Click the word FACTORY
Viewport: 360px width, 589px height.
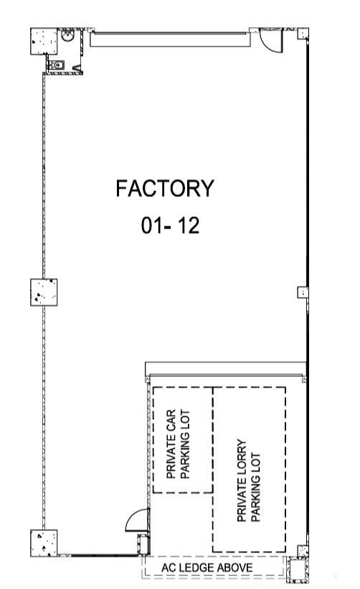click(x=165, y=188)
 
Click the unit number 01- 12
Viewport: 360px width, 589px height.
click(x=170, y=226)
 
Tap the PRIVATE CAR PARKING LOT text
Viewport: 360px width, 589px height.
click(x=178, y=444)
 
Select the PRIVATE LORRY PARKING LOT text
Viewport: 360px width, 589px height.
click(x=248, y=480)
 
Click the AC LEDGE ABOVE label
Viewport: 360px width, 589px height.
click(x=207, y=568)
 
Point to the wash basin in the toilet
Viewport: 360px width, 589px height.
click(x=67, y=36)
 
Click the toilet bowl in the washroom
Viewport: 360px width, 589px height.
click(x=57, y=65)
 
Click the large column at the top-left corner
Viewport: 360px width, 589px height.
click(x=44, y=42)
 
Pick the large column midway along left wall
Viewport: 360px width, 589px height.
click(x=44, y=292)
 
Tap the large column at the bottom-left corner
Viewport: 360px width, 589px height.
click(x=44, y=543)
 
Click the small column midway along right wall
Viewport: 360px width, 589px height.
click(x=303, y=292)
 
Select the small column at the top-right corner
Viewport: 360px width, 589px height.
click(x=303, y=34)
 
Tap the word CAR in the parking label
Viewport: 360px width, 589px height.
click(x=171, y=421)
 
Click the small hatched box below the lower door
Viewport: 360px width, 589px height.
click(x=143, y=545)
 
